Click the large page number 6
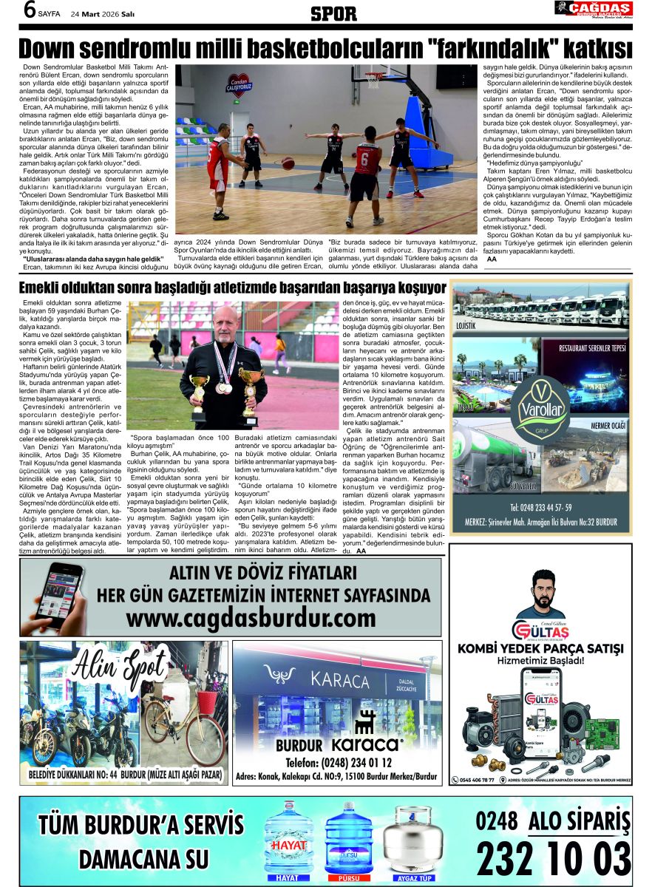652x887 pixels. pyautogui.click(x=11, y=10)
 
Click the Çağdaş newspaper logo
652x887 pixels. pyautogui.click(x=594, y=9)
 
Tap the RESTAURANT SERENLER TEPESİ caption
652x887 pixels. pyautogui.click(x=592, y=347)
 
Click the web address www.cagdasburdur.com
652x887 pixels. pyautogui.click(x=251, y=616)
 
